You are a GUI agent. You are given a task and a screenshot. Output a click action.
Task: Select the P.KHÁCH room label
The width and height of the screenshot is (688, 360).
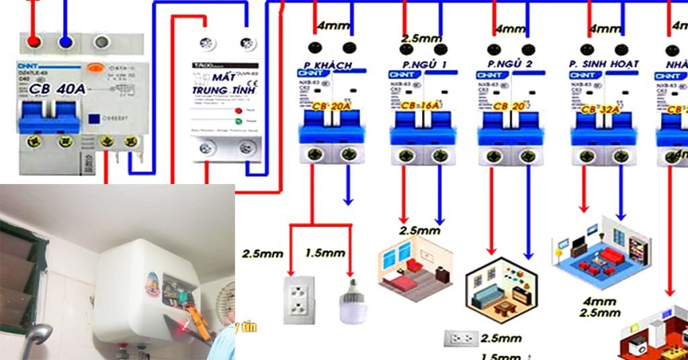coord(330,64)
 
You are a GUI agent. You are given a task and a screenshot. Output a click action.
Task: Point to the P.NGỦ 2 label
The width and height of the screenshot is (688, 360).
coord(510,64)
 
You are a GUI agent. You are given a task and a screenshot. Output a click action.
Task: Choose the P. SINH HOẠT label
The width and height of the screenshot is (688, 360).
coord(603,64)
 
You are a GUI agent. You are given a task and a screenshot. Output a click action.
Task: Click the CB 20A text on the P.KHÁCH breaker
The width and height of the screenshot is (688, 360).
coord(330,106)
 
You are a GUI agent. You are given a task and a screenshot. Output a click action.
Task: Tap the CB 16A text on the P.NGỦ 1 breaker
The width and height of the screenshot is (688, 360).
coord(421,106)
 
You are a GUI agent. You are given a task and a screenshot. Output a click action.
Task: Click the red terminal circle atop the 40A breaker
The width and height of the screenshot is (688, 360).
coord(32,42)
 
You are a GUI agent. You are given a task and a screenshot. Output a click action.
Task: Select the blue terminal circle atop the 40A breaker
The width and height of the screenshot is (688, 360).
coord(66,42)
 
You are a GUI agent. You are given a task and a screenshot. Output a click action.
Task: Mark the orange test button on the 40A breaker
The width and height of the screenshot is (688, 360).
coord(94,66)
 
